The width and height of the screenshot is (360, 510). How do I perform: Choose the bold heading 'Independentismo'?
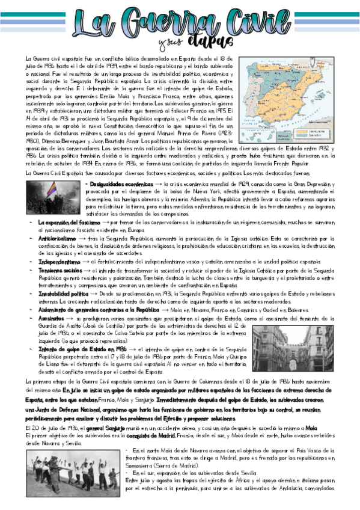[55, 262]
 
